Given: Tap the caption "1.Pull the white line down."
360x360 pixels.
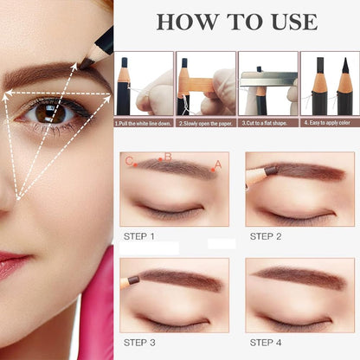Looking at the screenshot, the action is [x=144, y=124].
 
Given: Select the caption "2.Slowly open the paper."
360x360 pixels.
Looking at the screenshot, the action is [x=206, y=124].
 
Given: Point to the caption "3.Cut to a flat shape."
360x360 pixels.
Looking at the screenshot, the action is [x=265, y=123].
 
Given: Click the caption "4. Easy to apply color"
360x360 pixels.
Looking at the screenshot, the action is [x=327, y=123].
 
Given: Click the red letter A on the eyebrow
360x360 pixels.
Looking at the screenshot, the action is [x=218, y=164].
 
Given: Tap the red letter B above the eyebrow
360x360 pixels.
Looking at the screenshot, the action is [x=168, y=157].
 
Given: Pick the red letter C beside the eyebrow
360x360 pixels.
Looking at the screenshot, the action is [x=129, y=161].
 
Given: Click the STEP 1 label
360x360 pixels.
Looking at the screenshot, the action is [x=139, y=236].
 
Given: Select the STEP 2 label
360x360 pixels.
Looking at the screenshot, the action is [x=266, y=236].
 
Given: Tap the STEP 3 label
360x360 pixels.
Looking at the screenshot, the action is [x=139, y=343].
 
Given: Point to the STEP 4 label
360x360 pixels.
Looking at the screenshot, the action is [x=266, y=343].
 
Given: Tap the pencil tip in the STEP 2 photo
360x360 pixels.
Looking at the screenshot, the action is [x=271, y=170].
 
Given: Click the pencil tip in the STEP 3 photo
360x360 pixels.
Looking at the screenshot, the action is [x=133, y=280].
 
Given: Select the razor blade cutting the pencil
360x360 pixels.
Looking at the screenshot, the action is [x=268, y=79].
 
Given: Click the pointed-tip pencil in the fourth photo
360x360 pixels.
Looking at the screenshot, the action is [x=345, y=87].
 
